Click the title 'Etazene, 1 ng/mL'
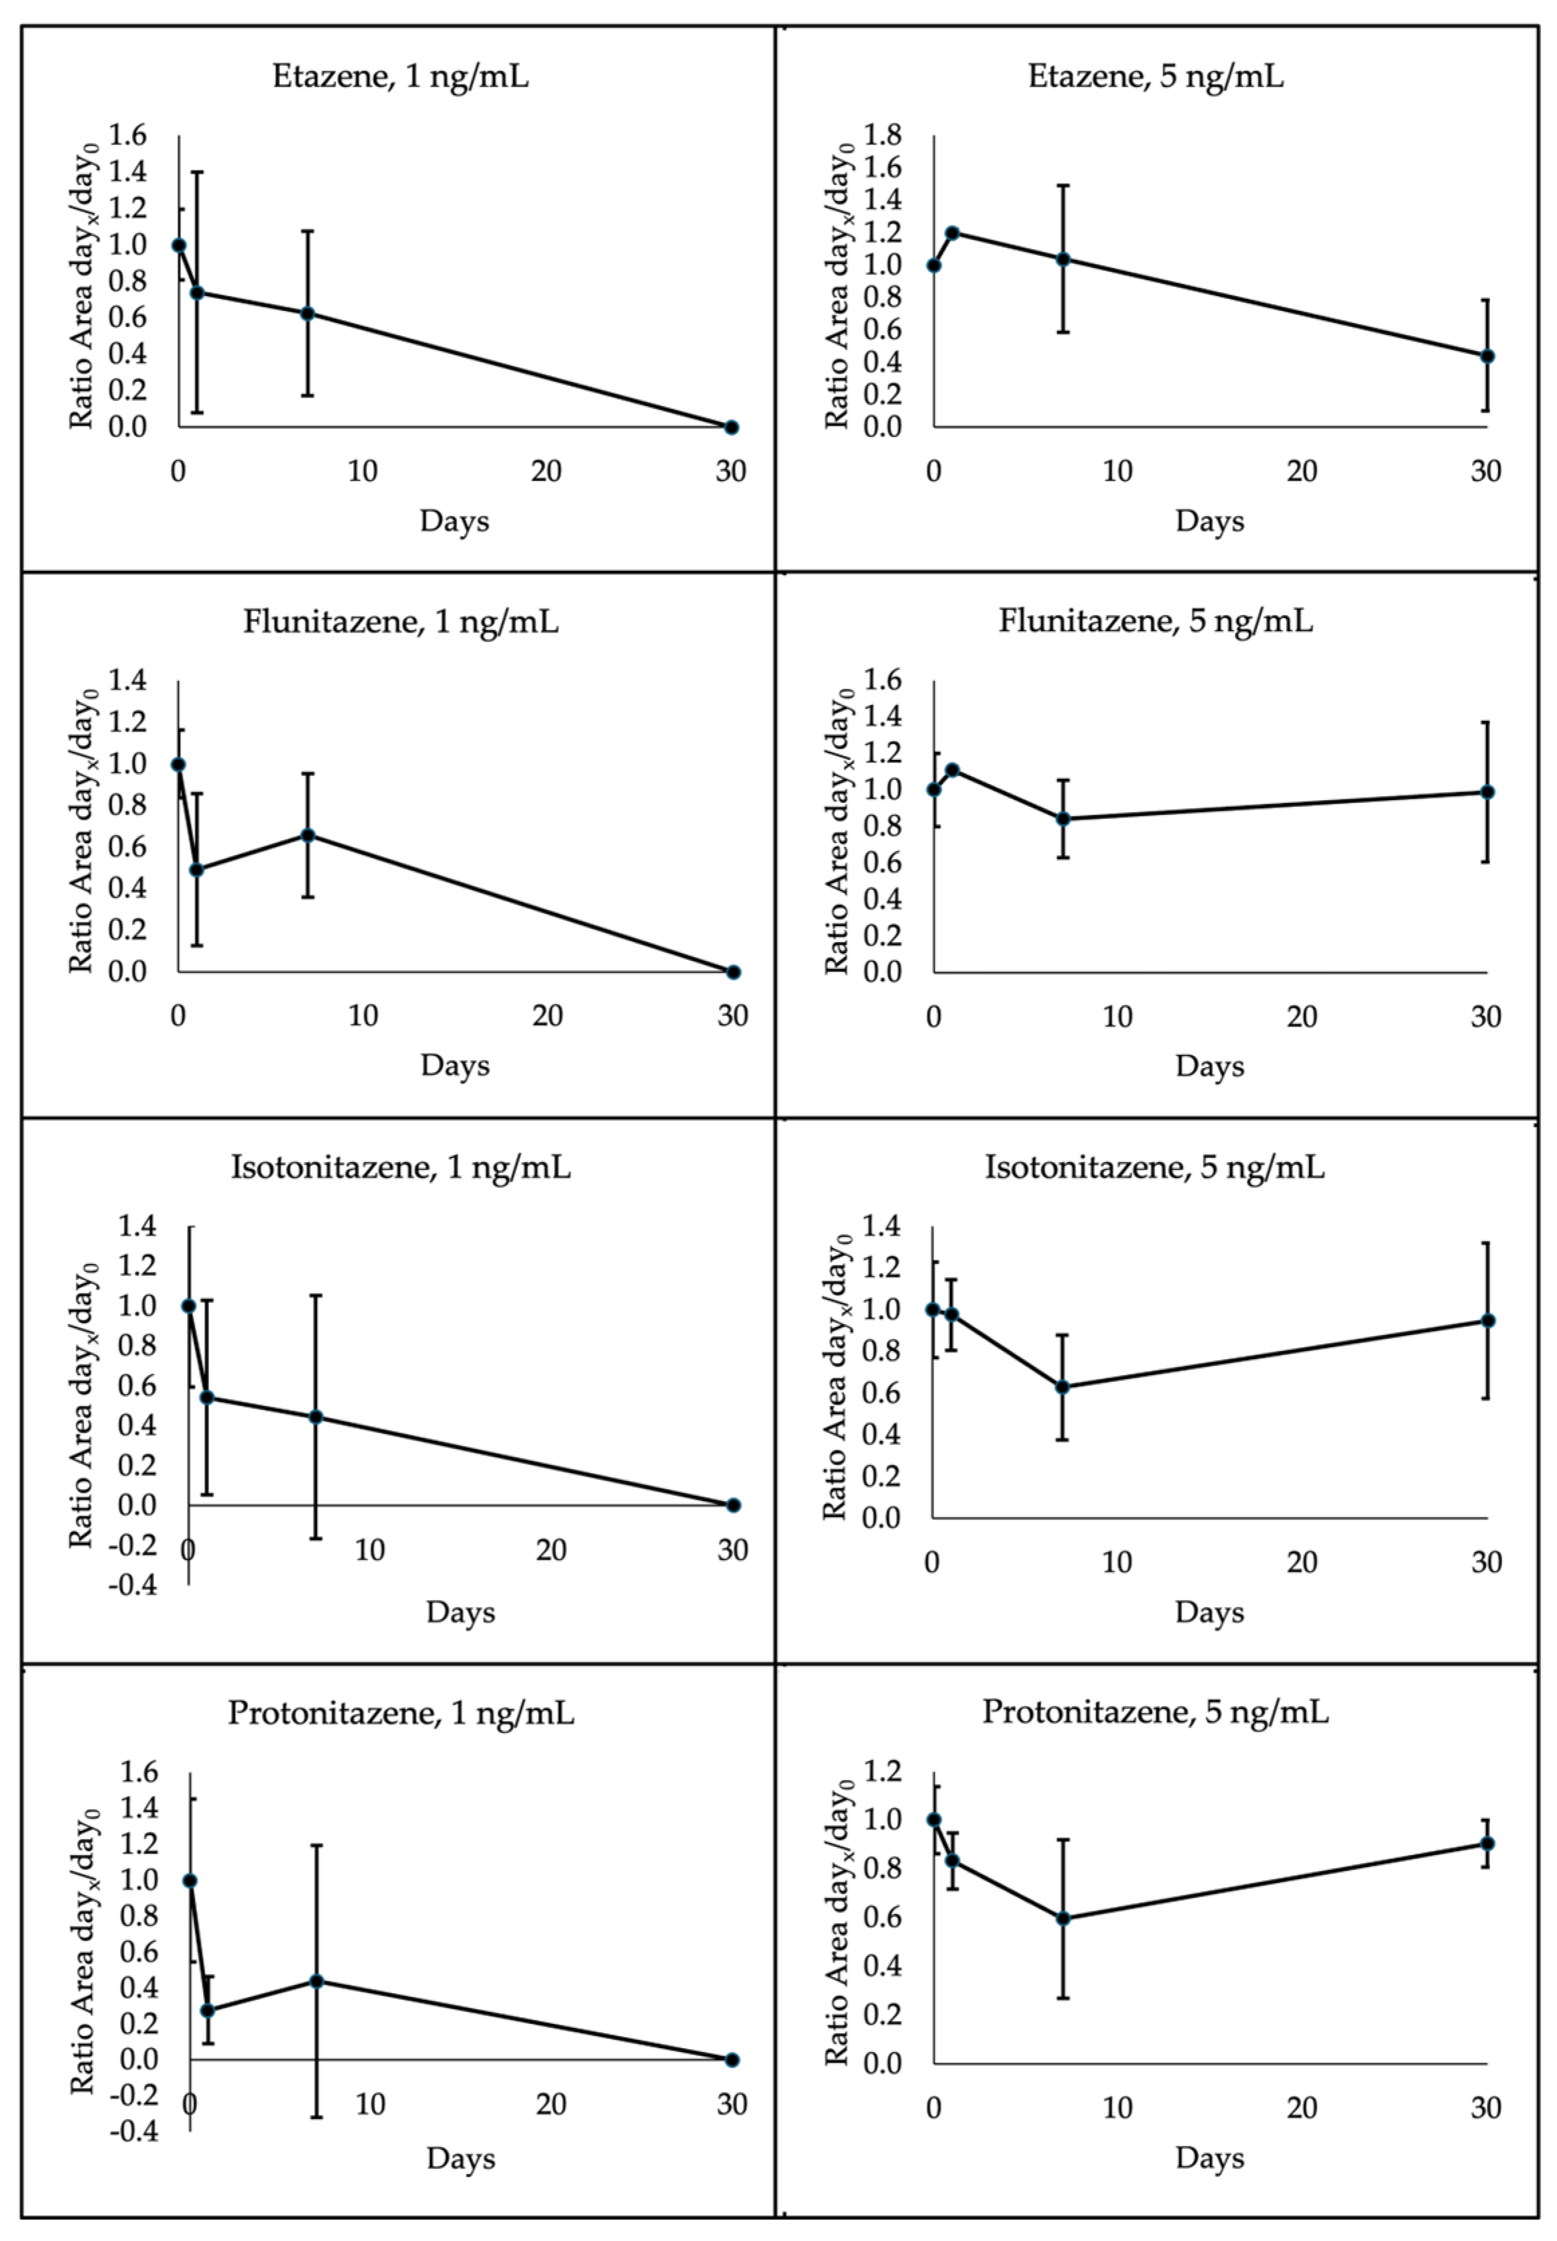point(400,76)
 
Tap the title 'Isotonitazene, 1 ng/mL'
point(400,1167)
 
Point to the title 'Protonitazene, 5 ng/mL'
point(1155,1711)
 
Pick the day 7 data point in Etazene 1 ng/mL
point(308,313)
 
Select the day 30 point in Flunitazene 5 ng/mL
point(1487,792)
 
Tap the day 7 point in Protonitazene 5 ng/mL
point(1063,1918)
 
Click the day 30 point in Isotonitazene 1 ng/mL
point(734,1505)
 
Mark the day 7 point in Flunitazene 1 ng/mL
point(308,835)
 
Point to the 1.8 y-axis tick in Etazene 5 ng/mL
point(884,135)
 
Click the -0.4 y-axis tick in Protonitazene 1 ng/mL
point(133,2130)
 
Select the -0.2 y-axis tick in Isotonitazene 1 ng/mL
point(133,1545)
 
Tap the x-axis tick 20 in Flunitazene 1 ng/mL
point(547,1017)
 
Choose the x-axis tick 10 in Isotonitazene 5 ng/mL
point(1117,1562)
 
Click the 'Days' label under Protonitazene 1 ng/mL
point(460,2158)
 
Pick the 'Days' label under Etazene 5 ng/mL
point(1210,521)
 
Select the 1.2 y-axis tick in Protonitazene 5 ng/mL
point(884,1771)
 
